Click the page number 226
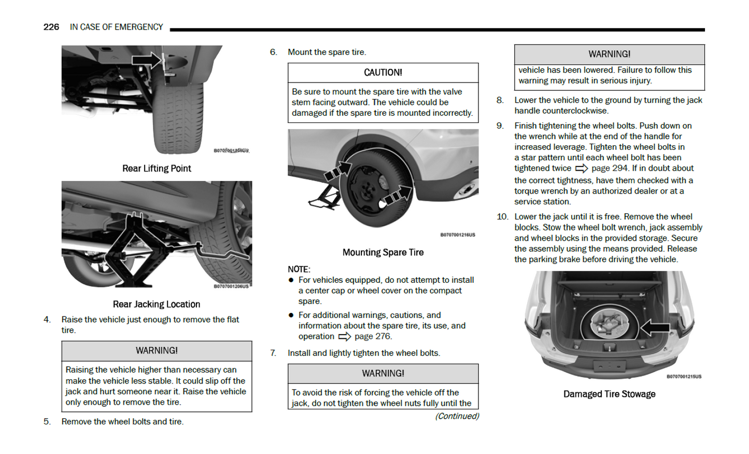point(51,27)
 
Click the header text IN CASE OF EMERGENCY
point(116,27)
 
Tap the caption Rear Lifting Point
point(157,169)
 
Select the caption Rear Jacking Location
point(157,305)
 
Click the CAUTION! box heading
point(383,73)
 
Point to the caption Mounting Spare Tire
point(383,253)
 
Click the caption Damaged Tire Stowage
point(609,394)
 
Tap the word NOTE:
point(299,269)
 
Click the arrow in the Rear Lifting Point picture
point(147,60)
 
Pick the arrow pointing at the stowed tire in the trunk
point(655,327)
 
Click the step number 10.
point(502,217)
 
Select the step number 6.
point(273,52)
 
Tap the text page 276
point(373,337)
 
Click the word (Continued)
point(457,416)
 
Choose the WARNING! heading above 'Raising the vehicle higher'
point(157,351)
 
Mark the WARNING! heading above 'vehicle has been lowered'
point(609,54)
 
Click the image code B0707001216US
point(458,235)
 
